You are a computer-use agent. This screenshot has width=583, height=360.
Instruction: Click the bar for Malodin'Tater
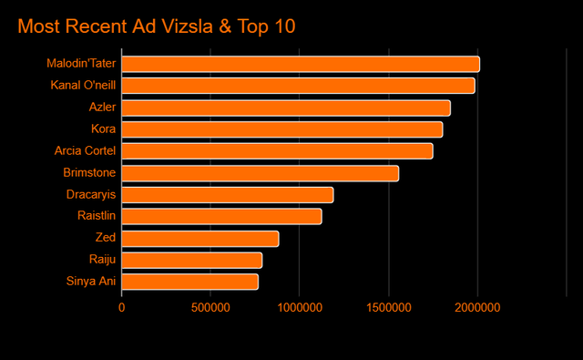pyautogui.click(x=301, y=64)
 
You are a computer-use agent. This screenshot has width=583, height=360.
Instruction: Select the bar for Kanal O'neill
pyautogui.click(x=298, y=86)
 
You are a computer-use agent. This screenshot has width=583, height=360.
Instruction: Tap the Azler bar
pyautogui.click(x=286, y=108)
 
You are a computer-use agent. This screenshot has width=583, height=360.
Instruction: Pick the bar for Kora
pyautogui.click(x=281, y=129)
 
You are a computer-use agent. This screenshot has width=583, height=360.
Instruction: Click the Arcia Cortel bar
pyautogui.click(x=277, y=151)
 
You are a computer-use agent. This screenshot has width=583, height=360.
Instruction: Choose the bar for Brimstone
pyautogui.click(x=260, y=173)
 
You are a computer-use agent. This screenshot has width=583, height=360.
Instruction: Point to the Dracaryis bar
pyautogui.click(x=227, y=195)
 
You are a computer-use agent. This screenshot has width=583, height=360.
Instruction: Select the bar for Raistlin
pyautogui.click(x=221, y=216)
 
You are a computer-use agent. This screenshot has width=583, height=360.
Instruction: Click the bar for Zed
pyautogui.click(x=199, y=238)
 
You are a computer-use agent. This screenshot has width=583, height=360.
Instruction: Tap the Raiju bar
pyautogui.click(x=191, y=260)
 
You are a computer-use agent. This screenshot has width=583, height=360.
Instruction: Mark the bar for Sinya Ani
pyautogui.click(x=189, y=282)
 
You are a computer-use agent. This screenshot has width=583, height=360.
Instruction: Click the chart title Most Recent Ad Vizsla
pyautogui.click(x=156, y=26)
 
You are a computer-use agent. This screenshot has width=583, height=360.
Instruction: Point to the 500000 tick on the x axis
pyautogui.click(x=210, y=308)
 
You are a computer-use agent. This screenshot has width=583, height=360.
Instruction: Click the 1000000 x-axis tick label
pyautogui.click(x=300, y=308)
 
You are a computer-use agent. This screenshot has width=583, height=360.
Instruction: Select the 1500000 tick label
pyautogui.click(x=389, y=308)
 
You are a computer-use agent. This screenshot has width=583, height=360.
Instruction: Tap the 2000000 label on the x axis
pyautogui.click(x=478, y=308)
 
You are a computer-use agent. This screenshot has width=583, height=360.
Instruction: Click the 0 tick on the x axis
pyautogui.click(x=121, y=308)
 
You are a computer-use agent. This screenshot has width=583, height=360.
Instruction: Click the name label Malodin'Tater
pyautogui.click(x=81, y=64)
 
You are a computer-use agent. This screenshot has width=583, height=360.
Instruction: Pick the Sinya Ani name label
pyautogui.click(x=90, y=282)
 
